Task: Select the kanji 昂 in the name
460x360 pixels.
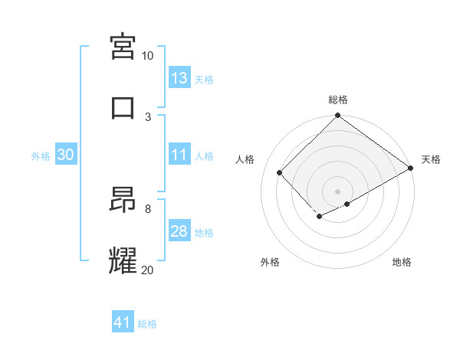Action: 123,200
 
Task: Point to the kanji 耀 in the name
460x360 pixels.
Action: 123,261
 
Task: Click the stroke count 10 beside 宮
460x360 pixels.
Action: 147,56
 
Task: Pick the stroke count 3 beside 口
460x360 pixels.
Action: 148,117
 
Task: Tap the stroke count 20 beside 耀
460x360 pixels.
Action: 147,270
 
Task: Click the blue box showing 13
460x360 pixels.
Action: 179,78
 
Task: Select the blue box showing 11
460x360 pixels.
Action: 179,155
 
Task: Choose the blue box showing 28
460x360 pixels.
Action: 179,231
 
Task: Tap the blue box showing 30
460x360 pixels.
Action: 66,155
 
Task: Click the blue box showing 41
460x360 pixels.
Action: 123,322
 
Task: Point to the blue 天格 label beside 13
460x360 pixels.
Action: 203,79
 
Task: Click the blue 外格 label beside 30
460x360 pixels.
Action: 41,155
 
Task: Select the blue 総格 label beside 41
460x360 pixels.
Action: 147,324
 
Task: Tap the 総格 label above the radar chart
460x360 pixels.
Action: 338,100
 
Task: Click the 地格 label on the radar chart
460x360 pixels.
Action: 402,262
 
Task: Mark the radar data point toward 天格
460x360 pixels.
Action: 411,169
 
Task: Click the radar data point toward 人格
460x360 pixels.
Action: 280,173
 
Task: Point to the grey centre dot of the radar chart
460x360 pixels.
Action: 338,191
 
